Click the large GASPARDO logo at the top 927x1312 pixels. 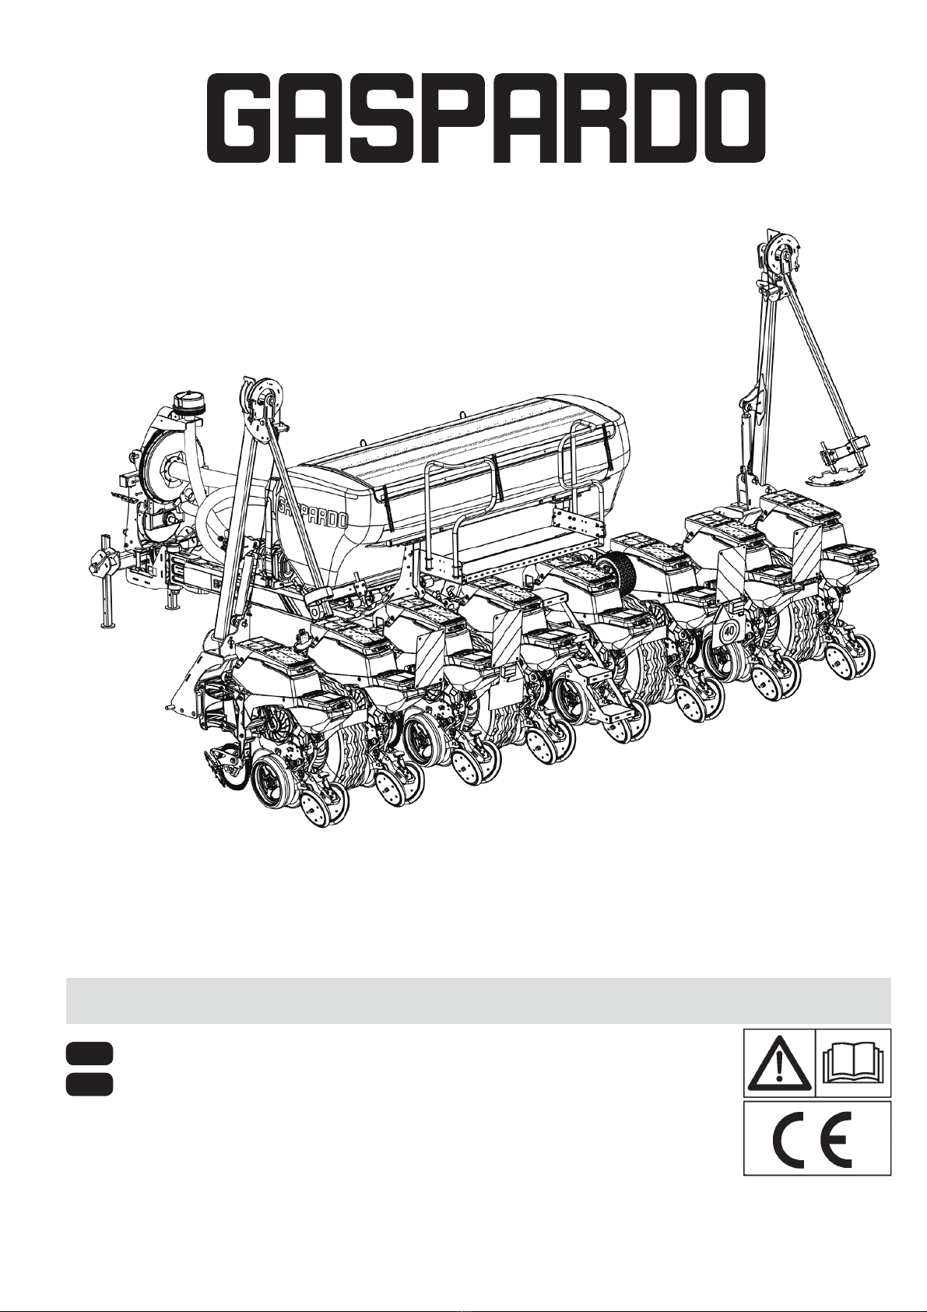point(486,117)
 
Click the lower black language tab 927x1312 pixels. point(89,1084)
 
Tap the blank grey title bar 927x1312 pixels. point(478,1001)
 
